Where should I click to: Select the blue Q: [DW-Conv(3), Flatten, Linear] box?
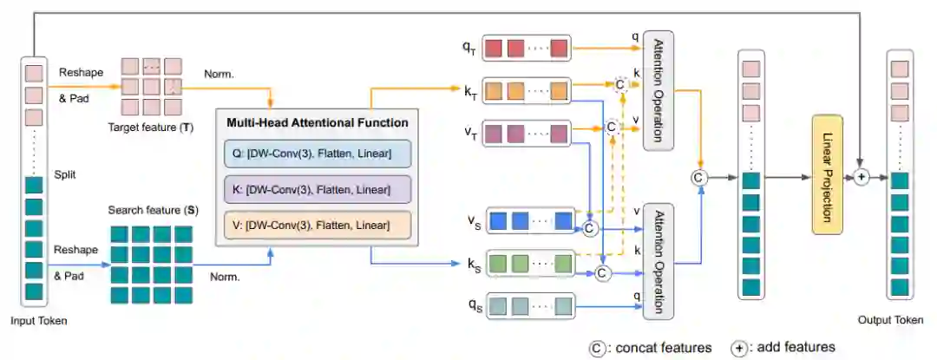318,154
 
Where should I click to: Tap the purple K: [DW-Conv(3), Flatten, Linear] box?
318,190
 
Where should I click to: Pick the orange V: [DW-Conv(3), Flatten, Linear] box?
318,225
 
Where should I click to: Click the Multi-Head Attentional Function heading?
318,123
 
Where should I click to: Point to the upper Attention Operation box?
658,90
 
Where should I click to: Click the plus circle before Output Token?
861,177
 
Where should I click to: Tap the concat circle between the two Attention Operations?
698,177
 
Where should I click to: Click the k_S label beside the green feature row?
473,264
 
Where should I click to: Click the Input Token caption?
39,321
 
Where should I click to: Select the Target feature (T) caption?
151,128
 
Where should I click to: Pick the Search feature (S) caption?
154,211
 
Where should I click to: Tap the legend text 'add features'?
796,347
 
